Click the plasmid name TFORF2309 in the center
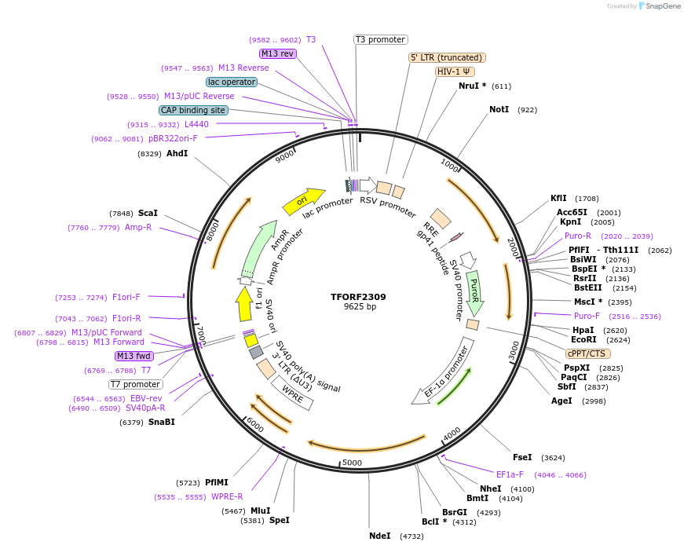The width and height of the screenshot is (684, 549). pyautogui.click(x=358, y=297)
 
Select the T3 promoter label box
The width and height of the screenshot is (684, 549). pyautogui.click(x=380, y=39)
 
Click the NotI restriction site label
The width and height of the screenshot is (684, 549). pyautogui.click(x=499, y=109)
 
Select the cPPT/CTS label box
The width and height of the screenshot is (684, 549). pyautogui.click(x=585, y=353)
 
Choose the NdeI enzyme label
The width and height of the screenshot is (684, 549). pyautogui.click(x=379, y=536)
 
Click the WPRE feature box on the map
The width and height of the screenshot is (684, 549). pyautogui.click(x=292, y=393)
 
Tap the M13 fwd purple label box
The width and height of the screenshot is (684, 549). pyautogui.click(x=134, y=356)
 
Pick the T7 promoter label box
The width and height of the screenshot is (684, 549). pyautogui.click(x=136, y=385)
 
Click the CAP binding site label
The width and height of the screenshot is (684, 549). pyautogui.click(x=193, y=111)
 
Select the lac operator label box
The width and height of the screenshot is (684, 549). pyautogui.click(x=232, y=82)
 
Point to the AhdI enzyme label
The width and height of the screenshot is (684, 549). pyautogui.click(x=177, y=153)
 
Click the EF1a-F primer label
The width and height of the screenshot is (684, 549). pyautogui.click(x=510, y=474)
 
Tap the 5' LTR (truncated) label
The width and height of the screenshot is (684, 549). pyautogui.click(x=448, y=57)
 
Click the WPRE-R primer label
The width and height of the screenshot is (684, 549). pyautogui.click(x=227, y=496)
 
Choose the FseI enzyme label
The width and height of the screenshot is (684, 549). pyautogui.click(x=522, y=457)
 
